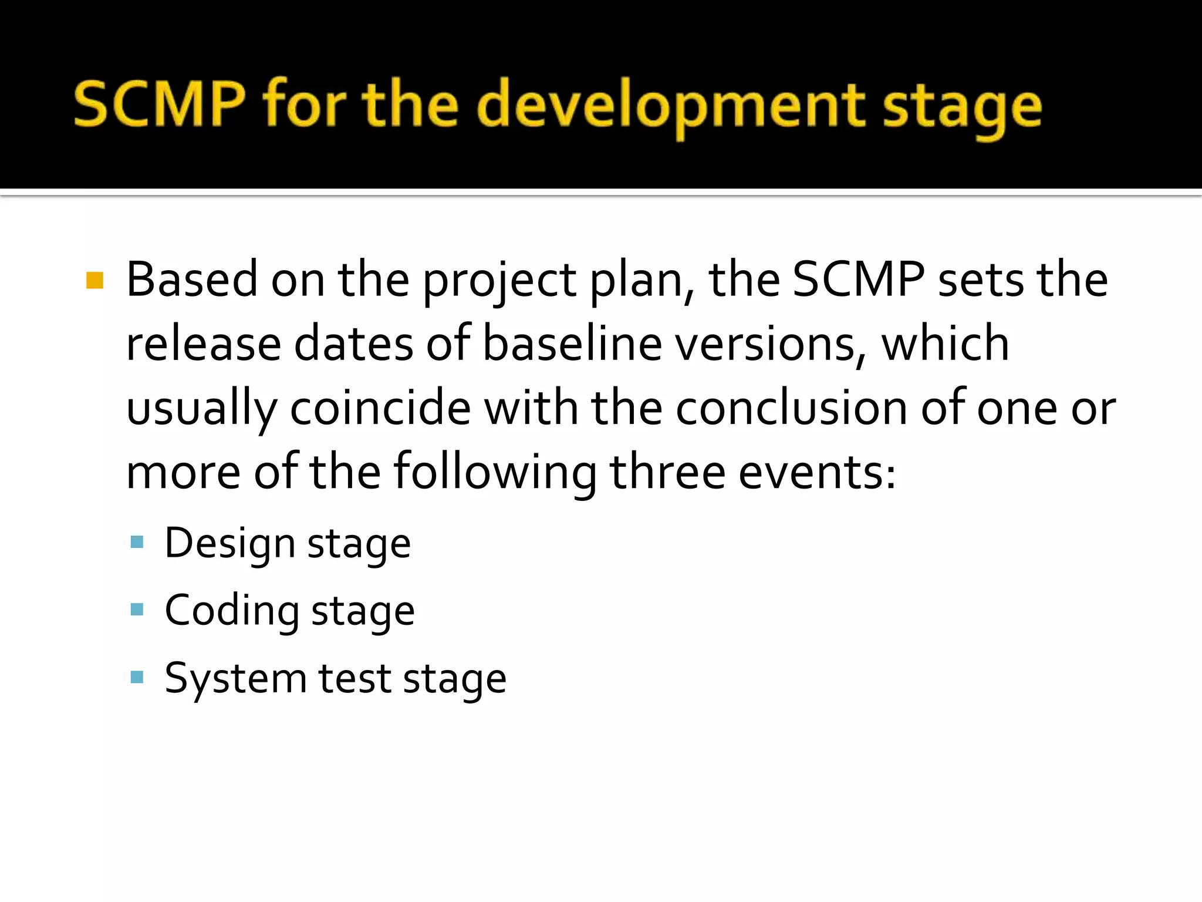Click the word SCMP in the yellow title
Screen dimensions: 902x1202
coord(159,105)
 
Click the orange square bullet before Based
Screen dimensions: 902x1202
coord(94,281)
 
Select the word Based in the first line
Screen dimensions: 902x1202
coord(192,280)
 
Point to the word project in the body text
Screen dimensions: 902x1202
coord(499,281)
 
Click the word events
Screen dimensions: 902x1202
coord(816,473)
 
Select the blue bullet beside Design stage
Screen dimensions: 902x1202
coord(137,542)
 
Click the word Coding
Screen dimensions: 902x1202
coord(231,611)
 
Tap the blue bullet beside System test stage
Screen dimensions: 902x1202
coord(137,678)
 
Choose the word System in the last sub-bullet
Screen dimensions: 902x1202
coord(235,679)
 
